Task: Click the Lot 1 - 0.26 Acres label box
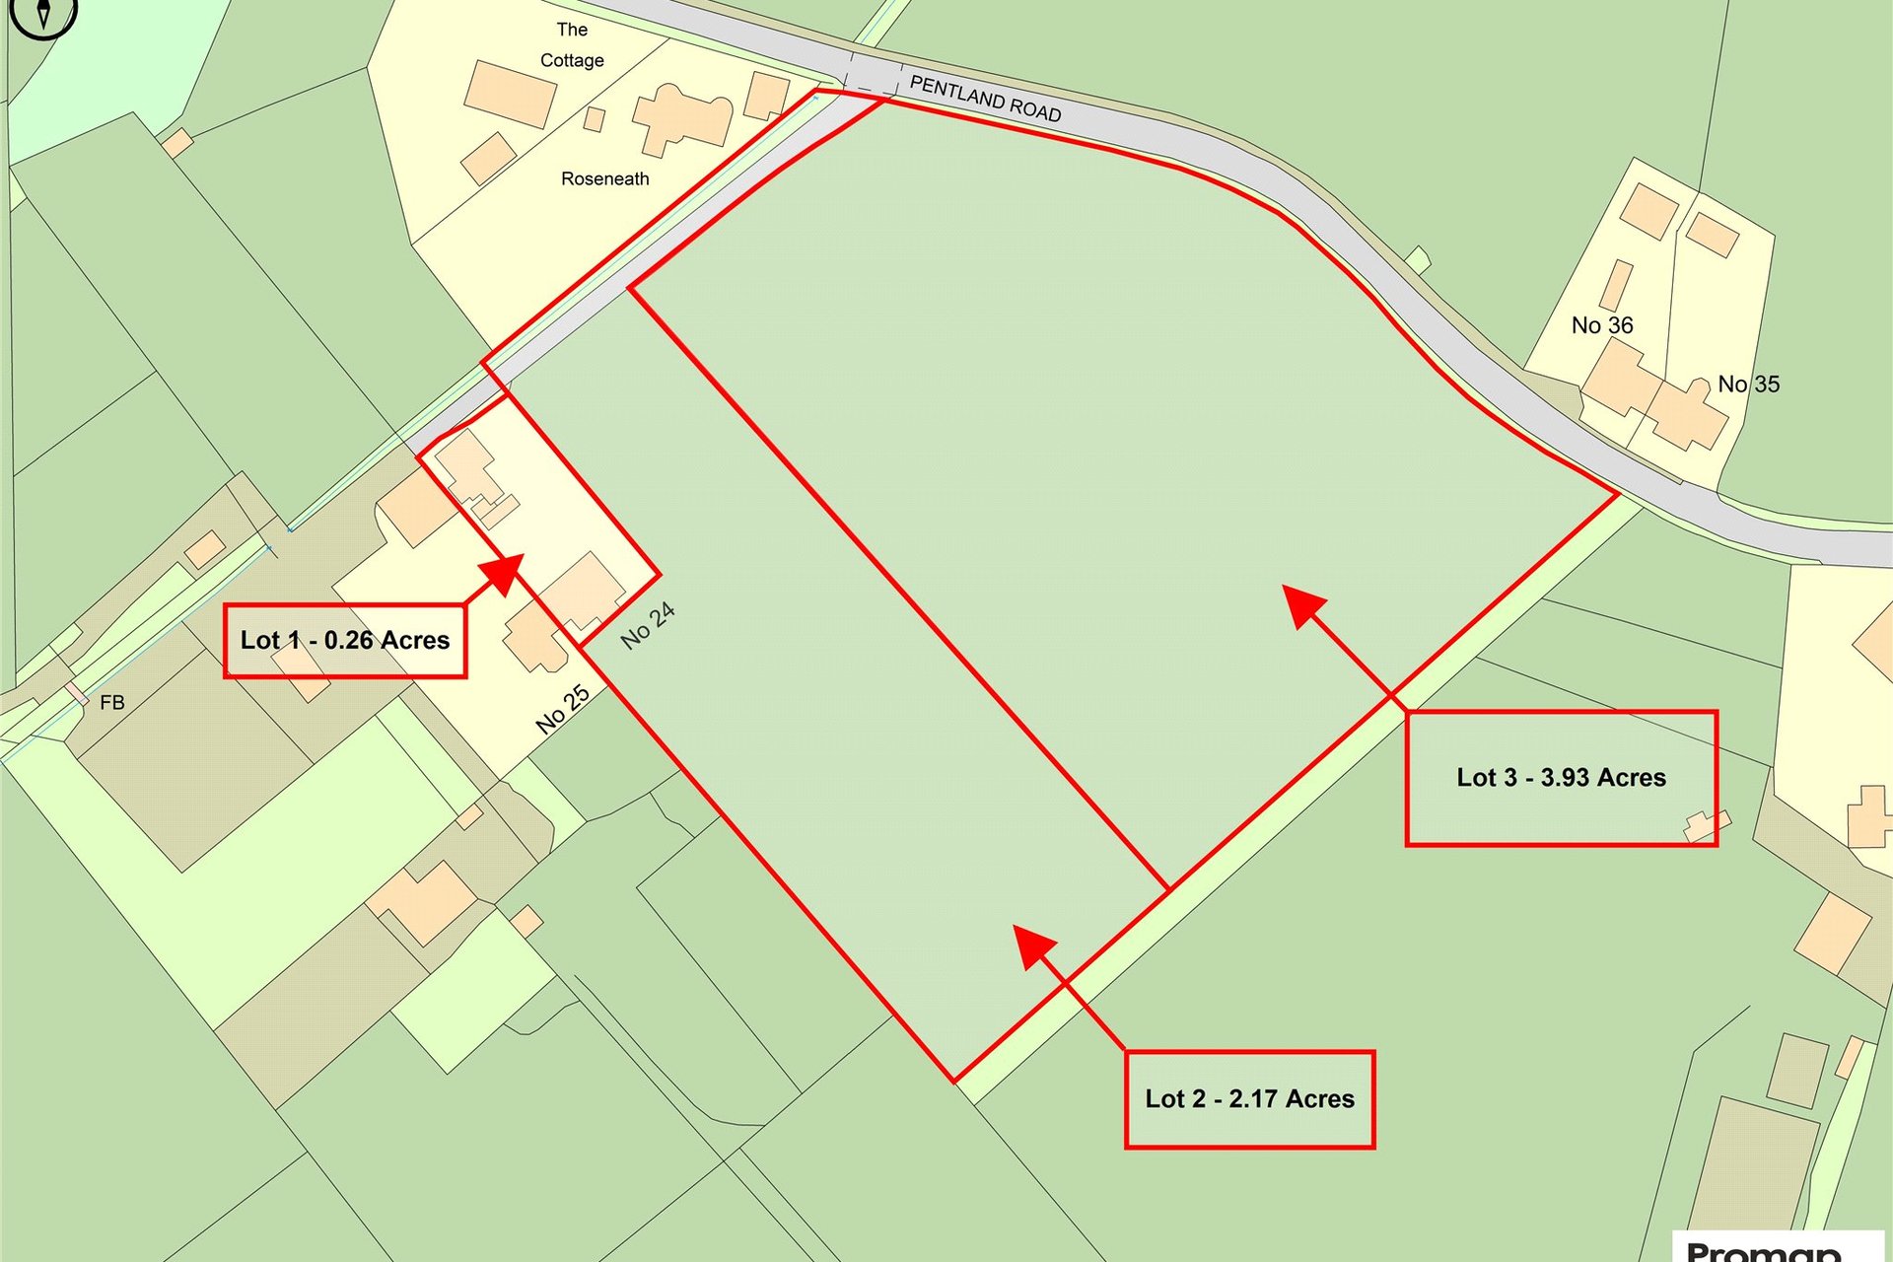(x=345, y=641)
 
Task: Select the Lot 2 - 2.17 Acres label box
(x=1249, y=1099)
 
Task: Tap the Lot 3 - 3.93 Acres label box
(x=1561, y=778)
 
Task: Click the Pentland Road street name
(x=985, y=99)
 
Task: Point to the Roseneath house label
(x=605, y=178)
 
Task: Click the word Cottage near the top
(x=572, y=60)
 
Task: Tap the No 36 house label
(x=1602, y=325)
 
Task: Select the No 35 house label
(x=1748, y=385)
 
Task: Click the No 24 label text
(x=648, y=626)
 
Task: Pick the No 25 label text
(x=563, y=710)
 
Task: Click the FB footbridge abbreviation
(x=112, y=703)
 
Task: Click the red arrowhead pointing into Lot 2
(x=1033, y=946)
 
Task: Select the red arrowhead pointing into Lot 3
(x=1303, y=605)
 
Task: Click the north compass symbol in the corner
(x=43, y=14)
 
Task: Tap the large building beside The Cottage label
(x=510, y=94)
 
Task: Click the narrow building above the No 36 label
(x=1616, y=285)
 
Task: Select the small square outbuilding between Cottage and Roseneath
(x=594, y=119)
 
